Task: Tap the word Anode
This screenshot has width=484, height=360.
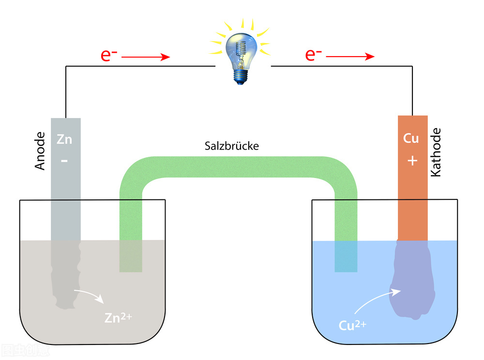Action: click(x=40, y=150)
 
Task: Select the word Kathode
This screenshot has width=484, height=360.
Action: click(x=436, y=152)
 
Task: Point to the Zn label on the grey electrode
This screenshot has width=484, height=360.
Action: click(x=64, y=140)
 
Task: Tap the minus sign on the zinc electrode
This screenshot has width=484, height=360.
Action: click(x=65, y=159)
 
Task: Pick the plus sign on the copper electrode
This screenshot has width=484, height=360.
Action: click(x=412, y=160)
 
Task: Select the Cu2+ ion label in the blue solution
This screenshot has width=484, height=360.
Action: click(x=352, y=325)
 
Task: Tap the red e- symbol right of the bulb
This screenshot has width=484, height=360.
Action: click(x=314, y=55)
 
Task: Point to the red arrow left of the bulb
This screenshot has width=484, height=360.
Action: click(x=145, y=57)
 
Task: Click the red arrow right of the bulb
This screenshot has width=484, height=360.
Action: click(x=350, y=57)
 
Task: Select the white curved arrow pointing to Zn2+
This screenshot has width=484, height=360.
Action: click(x=88, y=294)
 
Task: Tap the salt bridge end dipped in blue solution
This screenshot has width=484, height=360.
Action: click(x=346, y=256)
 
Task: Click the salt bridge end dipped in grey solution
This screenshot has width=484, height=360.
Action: click(x=131, y=256)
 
